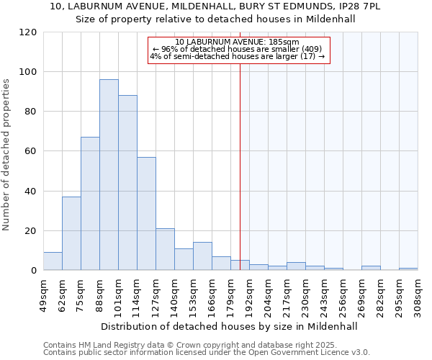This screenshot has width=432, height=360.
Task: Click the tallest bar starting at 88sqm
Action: tap(109, 175)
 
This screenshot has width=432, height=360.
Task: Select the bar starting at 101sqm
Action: tap(127, 183)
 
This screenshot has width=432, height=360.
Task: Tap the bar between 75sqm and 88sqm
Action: tap(90, 204)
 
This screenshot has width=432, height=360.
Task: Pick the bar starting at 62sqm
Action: tap(71, 233)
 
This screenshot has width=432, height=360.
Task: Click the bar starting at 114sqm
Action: tap(146, 214)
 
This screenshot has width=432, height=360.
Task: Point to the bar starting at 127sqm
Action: tap(165, 249)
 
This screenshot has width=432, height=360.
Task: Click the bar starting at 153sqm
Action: tap(202, 256)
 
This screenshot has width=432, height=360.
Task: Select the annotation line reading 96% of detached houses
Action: tap(238, 49)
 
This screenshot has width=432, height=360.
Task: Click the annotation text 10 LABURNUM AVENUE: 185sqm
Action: tap(238, 42)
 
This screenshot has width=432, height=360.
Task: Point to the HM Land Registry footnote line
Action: tap(205, 345)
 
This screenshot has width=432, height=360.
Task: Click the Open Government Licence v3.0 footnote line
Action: tap(207, 352)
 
